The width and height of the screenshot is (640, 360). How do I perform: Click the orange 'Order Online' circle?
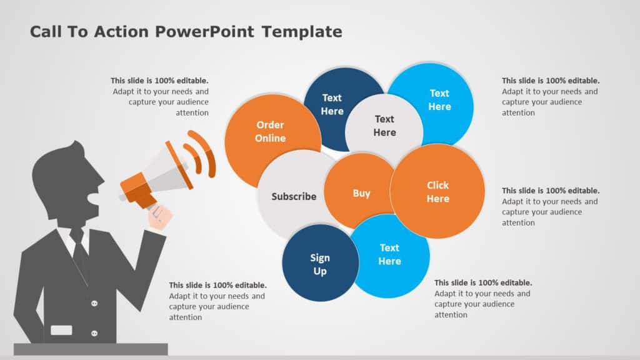click(x=270, y=132)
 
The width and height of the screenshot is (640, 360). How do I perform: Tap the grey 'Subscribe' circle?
click(x=293, y=196)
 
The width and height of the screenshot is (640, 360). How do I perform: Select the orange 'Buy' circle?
click(x=361, y=193)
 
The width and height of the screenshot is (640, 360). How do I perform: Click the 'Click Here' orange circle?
click(x=437, y=192)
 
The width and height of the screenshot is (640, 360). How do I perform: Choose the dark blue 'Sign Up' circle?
click(x=319, y=264)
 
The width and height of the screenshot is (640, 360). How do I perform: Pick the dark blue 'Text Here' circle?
click(x=331, y=104)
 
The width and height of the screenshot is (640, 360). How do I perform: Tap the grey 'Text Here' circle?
click(x=384, y=126)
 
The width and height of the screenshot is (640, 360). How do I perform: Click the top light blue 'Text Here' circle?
click(x=439, y=99)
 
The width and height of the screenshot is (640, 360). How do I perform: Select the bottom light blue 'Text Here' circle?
click(x=390, y=255)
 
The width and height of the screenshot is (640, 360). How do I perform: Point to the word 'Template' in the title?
click(x=302, y=32)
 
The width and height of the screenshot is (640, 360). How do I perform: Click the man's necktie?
click(x=79, y=250)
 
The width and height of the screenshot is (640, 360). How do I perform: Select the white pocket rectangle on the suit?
click(x=61, y=330)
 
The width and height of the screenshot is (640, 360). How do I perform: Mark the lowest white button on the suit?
click(x=94, y=333)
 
